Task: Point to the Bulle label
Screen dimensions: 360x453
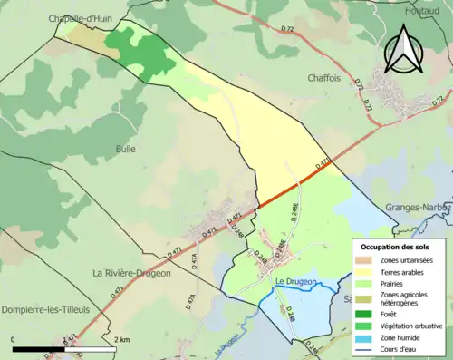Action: [x=125, y=149]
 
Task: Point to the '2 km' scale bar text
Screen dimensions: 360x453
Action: [x=124, y=339]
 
